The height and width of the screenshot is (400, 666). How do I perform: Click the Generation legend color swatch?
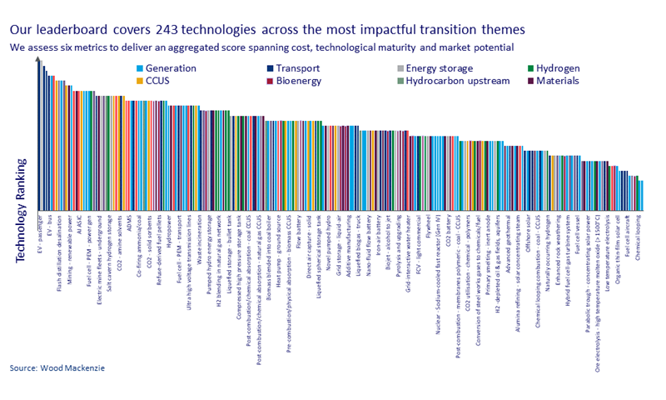click(140, 68)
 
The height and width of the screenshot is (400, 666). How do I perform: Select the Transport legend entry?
click(297, 68)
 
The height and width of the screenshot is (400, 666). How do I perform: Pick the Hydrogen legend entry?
click(559, 68)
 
